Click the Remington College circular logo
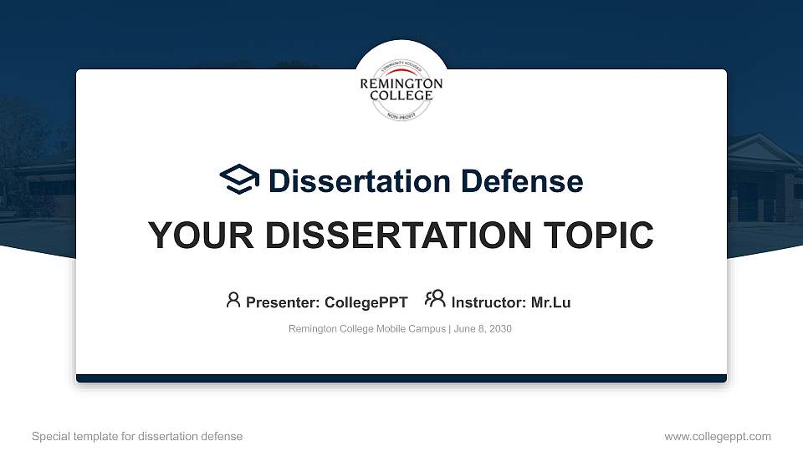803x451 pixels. click(x=401, y=84)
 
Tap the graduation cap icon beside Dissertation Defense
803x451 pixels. click(x=239, y=180)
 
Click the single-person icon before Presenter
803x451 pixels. click(x=233, y=300)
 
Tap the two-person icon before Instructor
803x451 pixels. click(x=435, y=300)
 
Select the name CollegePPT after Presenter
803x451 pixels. click(x=367, y=302)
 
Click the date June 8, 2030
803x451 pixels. click(x=483, y=329)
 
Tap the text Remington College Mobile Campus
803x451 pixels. click(x=367, y=329)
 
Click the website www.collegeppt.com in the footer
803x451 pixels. click(x=718, y=437)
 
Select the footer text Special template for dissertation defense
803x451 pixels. click(x=137, y=437)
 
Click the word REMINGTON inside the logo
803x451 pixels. click(x=401, y=84)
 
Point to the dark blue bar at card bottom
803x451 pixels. click(x=401, y=378)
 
